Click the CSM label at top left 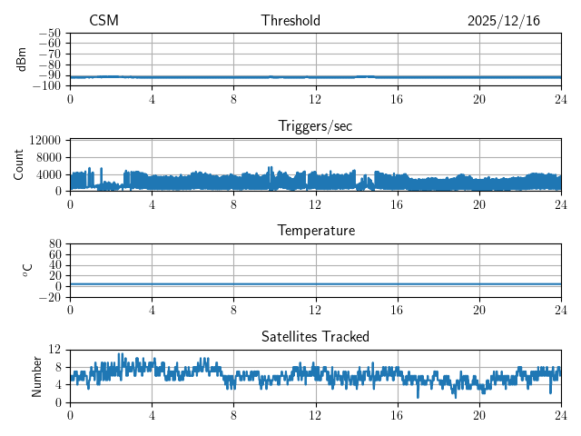103,21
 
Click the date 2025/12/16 504,21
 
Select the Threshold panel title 315,21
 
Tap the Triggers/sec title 315,126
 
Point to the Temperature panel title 315,231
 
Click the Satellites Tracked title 315,337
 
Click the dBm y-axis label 22,59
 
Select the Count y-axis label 18,164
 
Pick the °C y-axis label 27,270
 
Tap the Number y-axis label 37,375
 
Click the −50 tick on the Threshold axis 49,33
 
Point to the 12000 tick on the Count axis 44,140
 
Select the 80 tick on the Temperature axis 54,244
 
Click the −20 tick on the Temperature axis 49,298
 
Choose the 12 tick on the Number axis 54,350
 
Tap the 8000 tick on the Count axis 47,157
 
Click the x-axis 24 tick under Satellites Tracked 560,415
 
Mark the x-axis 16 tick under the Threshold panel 397,99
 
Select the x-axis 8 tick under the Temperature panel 233,310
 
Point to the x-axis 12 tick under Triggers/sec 315,204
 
